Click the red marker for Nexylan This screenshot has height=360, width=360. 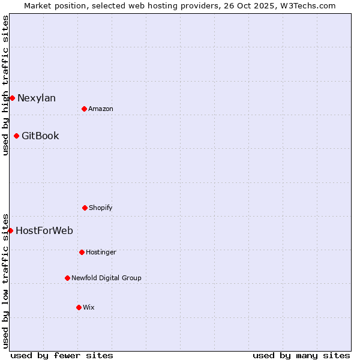(x=12, y=98)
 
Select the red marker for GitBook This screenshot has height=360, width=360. (x=16, y=136)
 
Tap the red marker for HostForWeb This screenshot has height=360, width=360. (x=10, y=230)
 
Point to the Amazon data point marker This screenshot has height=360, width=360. (x=84, y=109)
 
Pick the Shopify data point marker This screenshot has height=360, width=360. (x=85, y=208)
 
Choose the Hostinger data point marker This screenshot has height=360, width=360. (x=82, y=252)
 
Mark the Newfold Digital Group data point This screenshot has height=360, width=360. (x=67, y=278)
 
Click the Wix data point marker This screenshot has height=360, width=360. (x=79, y=307)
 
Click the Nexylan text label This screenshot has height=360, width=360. (x=37, y=98)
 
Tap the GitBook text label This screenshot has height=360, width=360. (x=40, y=136)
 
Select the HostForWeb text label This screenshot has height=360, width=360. (x=44, y=231)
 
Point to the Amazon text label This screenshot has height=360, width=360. (x=101, y=109)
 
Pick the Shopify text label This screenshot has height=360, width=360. (x=101, y=208)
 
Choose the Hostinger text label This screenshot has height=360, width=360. (x=101, y=253)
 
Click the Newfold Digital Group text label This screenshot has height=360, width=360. (x=106, y=278)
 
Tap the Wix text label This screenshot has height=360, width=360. (x=89, y=308)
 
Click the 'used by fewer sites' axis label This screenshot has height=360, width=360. (x=62, y=355)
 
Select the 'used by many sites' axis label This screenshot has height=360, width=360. (x=301, y=355)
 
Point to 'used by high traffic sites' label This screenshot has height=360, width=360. (x=5, y=85)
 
